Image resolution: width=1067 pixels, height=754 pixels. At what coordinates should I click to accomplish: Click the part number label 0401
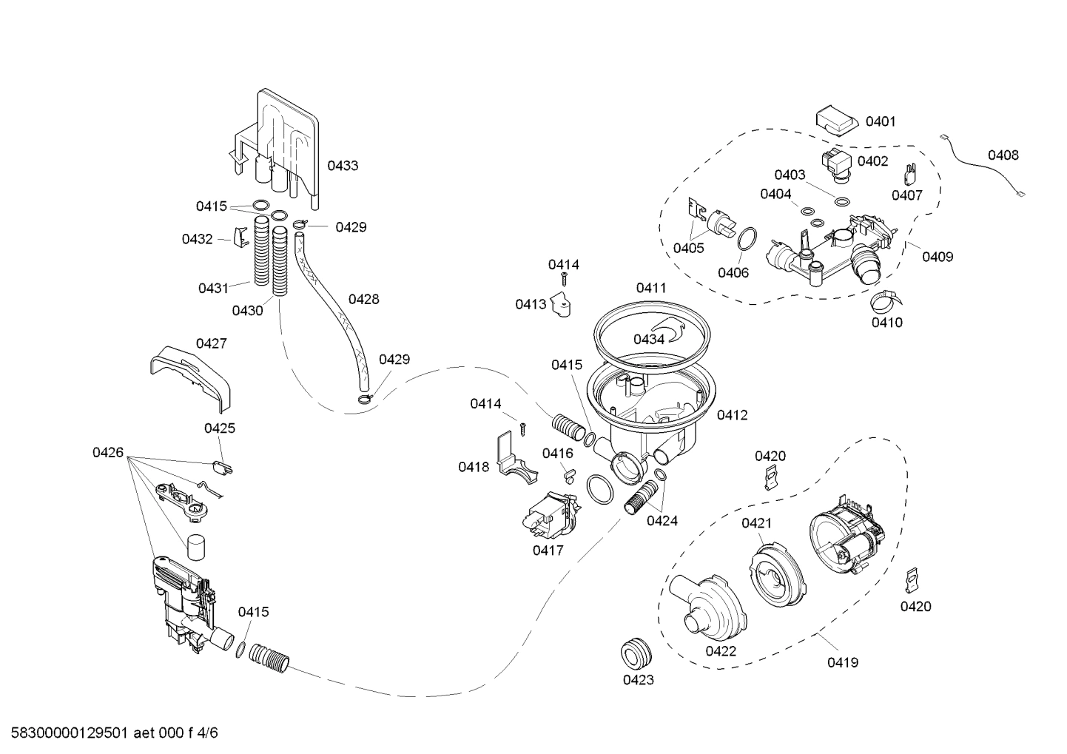coord(880,121)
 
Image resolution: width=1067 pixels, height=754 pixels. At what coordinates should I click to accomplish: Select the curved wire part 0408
coord(984,167)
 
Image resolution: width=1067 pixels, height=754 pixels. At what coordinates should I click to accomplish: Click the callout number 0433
coord(343,166)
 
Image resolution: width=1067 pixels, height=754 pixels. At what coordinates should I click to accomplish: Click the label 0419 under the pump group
coord(843,662)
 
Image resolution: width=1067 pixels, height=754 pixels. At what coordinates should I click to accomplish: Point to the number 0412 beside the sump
coord(732,415)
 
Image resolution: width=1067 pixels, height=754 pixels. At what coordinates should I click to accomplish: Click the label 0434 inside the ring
coord(648,339)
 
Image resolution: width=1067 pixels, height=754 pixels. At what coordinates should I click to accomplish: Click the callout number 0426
coord(108,452)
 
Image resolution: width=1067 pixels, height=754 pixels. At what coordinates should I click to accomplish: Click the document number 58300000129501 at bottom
coord(67,733)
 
